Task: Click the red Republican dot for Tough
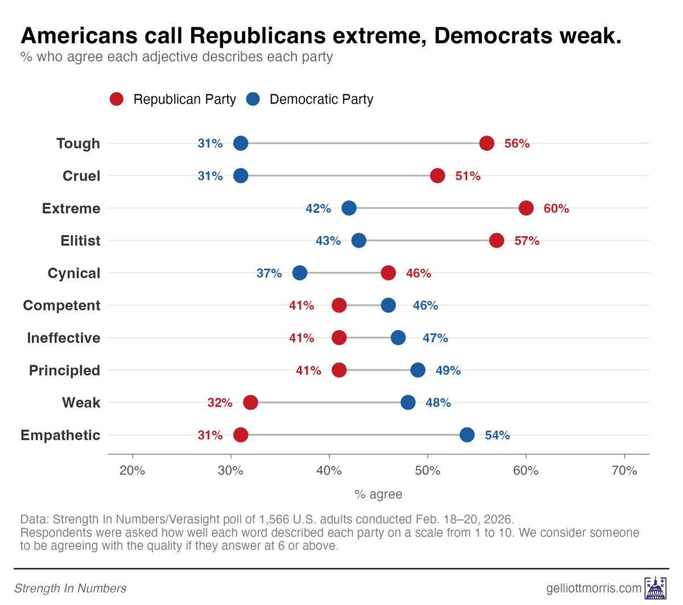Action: coord(487,143)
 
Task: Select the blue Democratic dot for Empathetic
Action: coord(467,435)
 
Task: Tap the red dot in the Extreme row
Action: coord(526,208)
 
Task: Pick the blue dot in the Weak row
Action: coord(408,402)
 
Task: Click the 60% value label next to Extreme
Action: coord(556,209)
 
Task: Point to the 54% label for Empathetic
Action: coord(497,435)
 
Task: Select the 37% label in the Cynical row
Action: coord(269,273)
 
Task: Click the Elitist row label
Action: coord(80,241)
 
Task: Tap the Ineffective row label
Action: coord(63,338)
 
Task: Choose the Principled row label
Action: coord(64,371)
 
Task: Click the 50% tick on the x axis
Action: coord(427,471)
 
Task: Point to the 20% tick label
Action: coord(133,471)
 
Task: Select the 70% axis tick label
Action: coord(624,471)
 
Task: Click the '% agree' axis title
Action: coord(378,494)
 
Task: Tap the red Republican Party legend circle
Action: coord(117,99)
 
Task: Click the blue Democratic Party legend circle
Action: coord(253,99)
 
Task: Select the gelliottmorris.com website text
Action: coord(594,588)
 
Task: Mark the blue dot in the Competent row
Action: coord(388,306)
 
